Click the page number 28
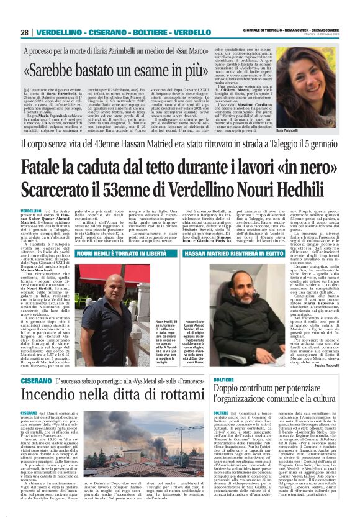click(x=25, y=32)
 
